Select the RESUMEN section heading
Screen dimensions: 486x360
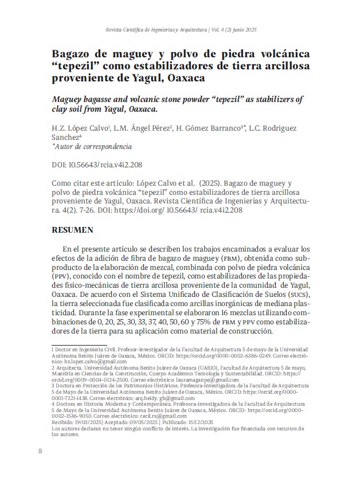pyautogui.click(x=73, y=230)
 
